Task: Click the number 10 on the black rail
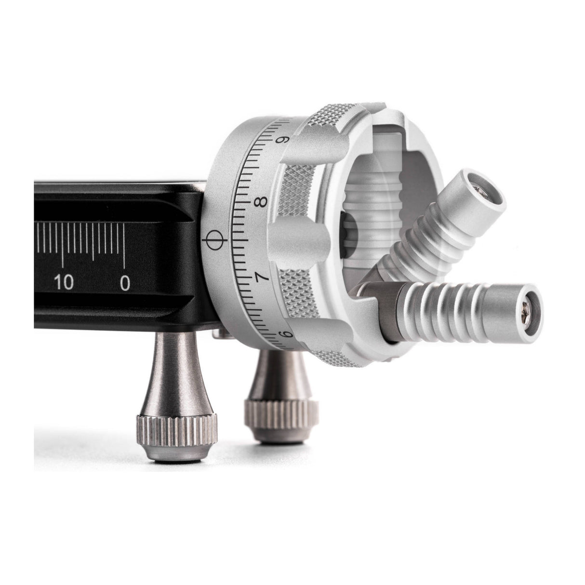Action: coord(64,282)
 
